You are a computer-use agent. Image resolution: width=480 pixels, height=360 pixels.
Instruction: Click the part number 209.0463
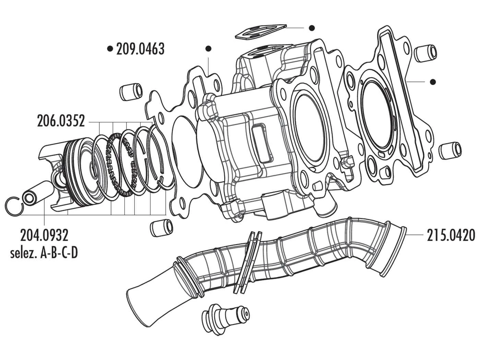(140, 49)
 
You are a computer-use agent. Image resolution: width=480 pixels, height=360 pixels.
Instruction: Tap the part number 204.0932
(44, 236)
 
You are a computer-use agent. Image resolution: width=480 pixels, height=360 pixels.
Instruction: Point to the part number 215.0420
(451, 236)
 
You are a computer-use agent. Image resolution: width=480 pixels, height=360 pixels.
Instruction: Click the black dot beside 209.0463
(110, 49)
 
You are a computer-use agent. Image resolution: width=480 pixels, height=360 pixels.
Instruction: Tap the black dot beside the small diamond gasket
(311, 28)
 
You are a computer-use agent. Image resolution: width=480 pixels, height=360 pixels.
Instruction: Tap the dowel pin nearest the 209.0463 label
(131, 92)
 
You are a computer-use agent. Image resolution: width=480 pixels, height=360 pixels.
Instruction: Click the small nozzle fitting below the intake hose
(228, 317)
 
